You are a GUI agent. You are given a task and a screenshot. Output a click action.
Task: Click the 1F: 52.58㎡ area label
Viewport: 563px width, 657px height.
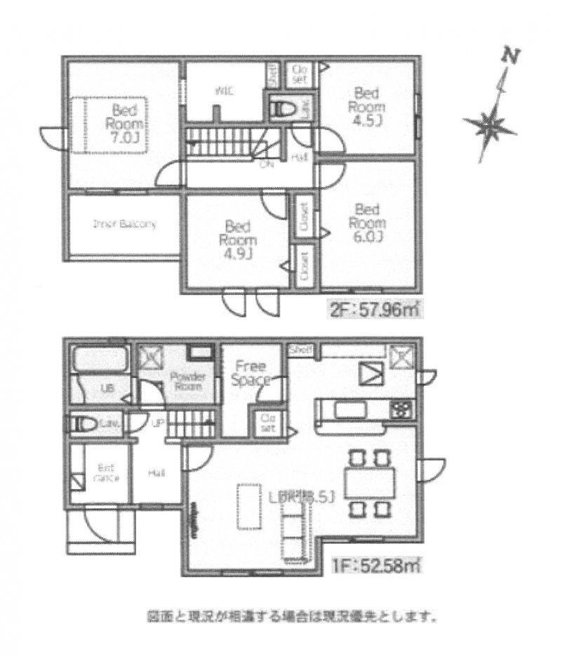pos(376,564)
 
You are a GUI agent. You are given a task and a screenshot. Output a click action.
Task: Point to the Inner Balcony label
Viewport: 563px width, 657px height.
pos(124,225)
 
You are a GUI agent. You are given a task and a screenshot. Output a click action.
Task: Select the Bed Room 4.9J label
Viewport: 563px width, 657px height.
pos(239,239)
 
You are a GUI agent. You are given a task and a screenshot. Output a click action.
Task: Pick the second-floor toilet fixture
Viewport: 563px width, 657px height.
pos(285,109)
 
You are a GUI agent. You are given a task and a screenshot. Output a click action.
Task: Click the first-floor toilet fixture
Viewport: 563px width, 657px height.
pos(86,423)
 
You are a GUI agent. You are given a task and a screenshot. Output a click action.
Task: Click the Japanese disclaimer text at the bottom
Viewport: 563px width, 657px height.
pos(292,619)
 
